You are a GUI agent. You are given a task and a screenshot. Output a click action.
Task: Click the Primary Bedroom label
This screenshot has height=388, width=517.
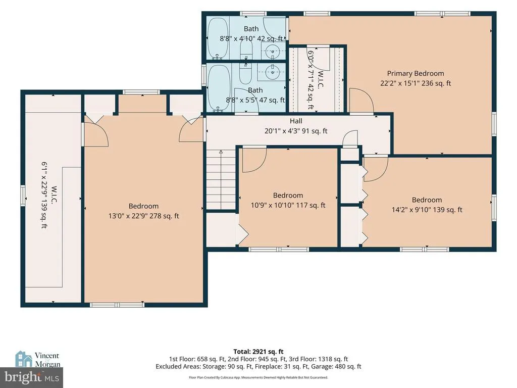pos(416,73)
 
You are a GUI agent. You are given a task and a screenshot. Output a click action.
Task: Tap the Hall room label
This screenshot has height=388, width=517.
pos(296,121)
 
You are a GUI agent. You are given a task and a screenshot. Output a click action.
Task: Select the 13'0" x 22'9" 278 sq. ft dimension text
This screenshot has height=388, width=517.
pos(144,216)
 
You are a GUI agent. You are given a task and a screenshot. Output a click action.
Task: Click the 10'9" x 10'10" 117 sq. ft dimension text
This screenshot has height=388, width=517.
pos(288,205)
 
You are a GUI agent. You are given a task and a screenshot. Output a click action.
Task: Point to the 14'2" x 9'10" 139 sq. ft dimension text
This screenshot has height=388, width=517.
pos(427,210)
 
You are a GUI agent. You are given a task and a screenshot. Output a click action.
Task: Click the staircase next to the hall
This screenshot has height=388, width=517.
pos(221,179)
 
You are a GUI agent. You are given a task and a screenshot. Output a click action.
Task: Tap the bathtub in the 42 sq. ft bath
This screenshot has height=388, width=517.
pos(218,38)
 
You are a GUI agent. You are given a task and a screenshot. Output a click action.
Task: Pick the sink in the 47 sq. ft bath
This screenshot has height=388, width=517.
pos(272,72)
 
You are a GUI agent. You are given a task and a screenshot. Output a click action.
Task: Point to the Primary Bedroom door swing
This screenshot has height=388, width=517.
pos(361,101)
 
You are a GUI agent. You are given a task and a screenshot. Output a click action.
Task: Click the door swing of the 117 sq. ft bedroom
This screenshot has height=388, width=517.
pos(254,160)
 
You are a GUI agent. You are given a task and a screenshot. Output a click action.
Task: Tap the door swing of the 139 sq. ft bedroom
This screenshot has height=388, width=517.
pos(376,168)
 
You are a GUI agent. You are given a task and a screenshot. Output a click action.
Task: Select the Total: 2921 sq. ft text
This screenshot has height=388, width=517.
pos(258,352)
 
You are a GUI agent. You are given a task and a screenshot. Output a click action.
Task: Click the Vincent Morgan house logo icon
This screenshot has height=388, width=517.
pos(23,359)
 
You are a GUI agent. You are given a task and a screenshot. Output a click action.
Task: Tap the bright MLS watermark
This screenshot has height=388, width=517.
pos(32,377)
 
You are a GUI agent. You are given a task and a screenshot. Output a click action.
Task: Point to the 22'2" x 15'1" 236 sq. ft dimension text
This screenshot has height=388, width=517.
pos(416,83)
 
